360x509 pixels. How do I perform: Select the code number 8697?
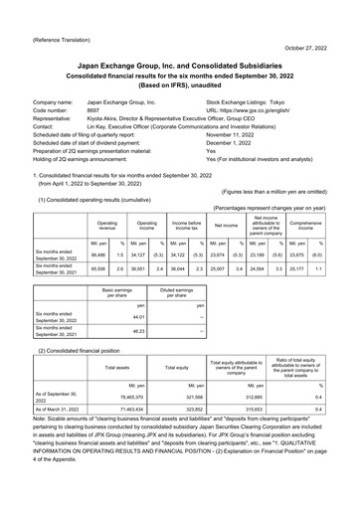point(96,110)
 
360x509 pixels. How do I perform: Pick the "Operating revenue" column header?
point(105,201)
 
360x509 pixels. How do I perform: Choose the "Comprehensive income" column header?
point(318,201)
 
